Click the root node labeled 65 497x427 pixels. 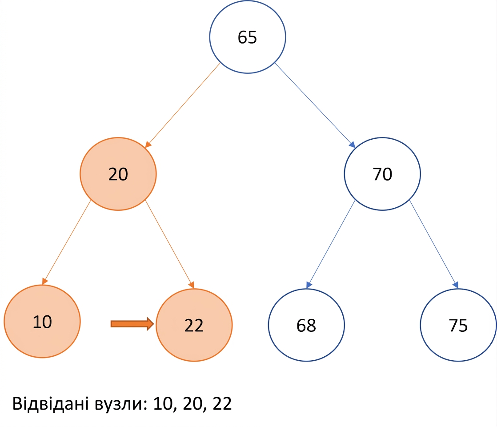248,37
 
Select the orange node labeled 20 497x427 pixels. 118,174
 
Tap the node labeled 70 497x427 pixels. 382,174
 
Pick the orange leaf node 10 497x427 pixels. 42,321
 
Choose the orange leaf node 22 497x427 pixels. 194,325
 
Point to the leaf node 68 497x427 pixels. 306,325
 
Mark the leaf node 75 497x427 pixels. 458,325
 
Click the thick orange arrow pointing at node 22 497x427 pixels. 132,323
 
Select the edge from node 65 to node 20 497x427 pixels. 183,105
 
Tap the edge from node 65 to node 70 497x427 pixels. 315,105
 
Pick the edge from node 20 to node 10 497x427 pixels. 67,242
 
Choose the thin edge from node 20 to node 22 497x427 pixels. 169,244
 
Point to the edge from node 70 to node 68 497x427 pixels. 331,244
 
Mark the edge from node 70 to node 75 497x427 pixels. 434,244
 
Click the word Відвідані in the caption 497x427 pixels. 51,403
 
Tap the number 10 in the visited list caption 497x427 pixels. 163,404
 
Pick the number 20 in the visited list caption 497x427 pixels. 193,404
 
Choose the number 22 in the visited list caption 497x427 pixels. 222,403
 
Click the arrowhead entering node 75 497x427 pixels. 456,285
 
